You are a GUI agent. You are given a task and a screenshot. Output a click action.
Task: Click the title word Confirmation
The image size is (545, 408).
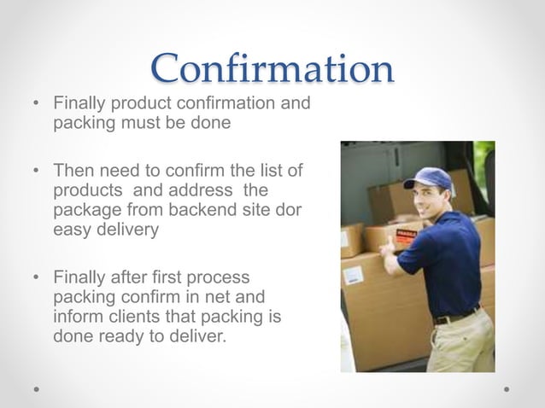[x=272, y=68]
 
